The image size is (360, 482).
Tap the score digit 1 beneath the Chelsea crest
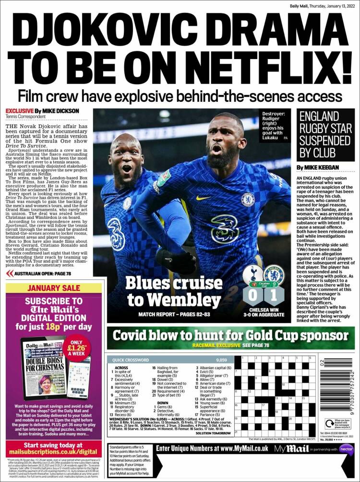coord(274,295)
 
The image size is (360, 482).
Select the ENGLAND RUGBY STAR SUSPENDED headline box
coord(325,134)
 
